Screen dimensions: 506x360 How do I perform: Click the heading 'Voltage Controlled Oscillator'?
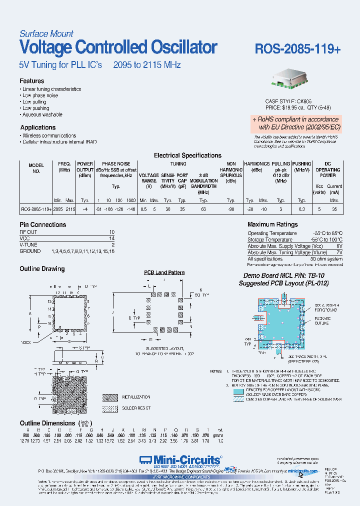(x=118, y=47)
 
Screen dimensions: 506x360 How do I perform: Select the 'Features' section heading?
(x=32, y=81)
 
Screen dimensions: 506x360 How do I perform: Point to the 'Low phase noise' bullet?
(x=40, y=95)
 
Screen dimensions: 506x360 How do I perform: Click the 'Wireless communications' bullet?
(x=49, y=135)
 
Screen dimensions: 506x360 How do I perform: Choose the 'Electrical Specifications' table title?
(x=187, y=155)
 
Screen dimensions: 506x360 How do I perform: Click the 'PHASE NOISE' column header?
(x=116, y=164)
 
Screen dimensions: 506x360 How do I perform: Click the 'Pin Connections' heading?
(x=43, y=225)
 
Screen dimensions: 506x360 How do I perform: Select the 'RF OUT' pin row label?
(x=29, y=232)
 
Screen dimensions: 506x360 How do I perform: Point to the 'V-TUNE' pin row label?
(x=29, y=245)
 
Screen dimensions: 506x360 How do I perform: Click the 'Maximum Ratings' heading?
(x=272, y=225)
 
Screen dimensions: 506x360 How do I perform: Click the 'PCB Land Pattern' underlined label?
(x=164, y=272)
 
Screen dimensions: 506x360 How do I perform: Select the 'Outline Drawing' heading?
(x=42, y=269)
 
